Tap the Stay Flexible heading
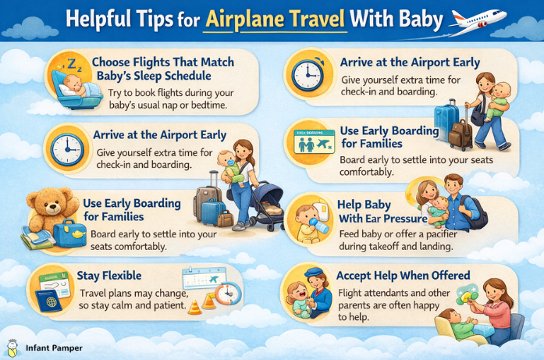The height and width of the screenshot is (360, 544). [110, 276]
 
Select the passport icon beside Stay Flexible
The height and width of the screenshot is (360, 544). [48, 294]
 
